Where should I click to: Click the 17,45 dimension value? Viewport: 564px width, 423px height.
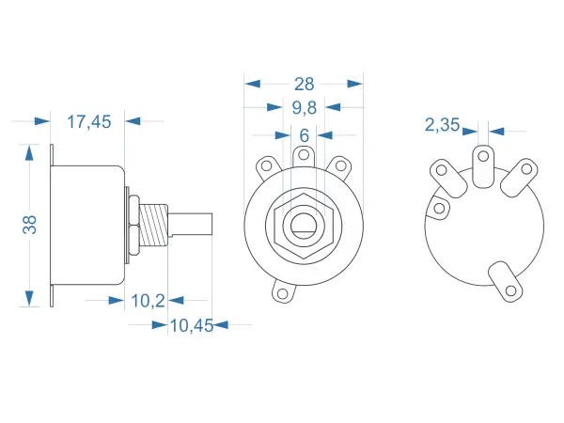(x=89, y=120)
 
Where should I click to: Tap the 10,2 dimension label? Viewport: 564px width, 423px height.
(x=148, y=300)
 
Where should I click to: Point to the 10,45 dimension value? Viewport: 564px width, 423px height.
(x=191, y=325)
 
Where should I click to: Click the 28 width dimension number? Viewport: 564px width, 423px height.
(x=304, y=83)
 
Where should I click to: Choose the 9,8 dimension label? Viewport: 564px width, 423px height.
(x=304, y=107)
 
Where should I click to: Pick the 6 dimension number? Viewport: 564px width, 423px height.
(x=304, y=135)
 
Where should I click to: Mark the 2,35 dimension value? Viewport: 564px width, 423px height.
(x=442, y=124)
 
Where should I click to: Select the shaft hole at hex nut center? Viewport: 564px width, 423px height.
(x=304, y=227)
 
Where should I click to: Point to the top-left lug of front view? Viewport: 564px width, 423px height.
(x=266, y=166)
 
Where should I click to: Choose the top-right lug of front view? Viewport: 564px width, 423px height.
(x=340, y=166)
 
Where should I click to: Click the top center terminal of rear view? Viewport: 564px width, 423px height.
(x=483, y=164)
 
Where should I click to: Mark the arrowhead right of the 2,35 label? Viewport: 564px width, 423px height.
(x=497, y=132)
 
